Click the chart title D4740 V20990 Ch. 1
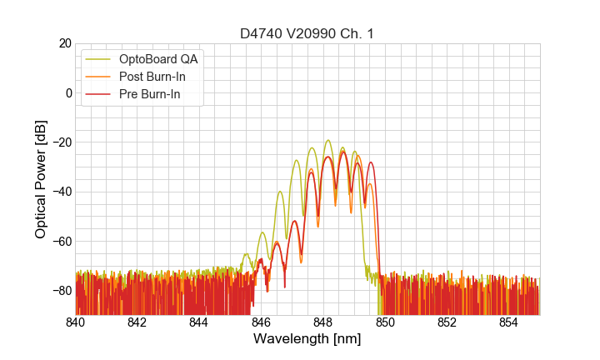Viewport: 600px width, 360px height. (307, 33)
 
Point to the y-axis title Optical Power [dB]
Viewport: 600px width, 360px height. (41, 179)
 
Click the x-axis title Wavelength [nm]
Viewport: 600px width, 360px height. (307, 339)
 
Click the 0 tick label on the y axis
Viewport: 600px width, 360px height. (68, 92)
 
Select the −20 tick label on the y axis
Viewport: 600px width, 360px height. (61, 142)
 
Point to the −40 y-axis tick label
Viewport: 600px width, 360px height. (61, 192)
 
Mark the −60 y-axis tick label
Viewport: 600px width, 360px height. (61, 241)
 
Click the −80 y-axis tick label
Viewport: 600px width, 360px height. (61, 290)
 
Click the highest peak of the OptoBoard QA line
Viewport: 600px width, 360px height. (328, 140)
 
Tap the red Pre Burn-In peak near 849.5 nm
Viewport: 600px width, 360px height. (371, 162)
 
